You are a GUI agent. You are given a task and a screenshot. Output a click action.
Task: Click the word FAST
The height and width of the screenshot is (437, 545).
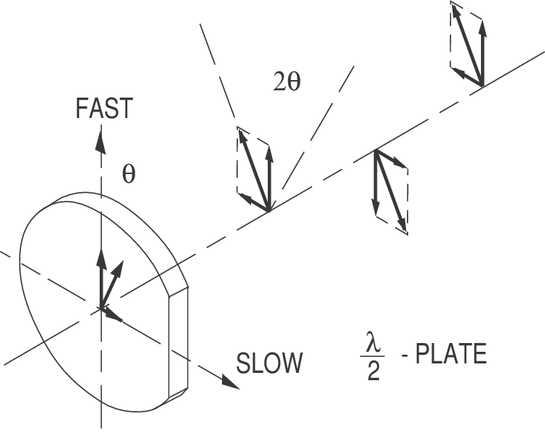click(104, 109)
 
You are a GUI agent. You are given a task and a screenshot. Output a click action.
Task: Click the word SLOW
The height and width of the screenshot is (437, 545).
click(268, 362)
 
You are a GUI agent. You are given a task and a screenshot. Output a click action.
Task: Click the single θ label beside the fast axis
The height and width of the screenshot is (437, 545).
click(129, 176)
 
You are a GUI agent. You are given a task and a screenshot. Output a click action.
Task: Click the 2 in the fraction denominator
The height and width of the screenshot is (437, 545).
click(373, 374)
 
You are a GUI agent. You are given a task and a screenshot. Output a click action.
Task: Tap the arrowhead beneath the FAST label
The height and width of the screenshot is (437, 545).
click(100, 138)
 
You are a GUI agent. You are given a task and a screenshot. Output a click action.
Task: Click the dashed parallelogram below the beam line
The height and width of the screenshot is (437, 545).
click(391, 192)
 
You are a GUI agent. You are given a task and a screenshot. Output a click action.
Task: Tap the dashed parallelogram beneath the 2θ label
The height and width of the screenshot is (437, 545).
click(253, 169)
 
